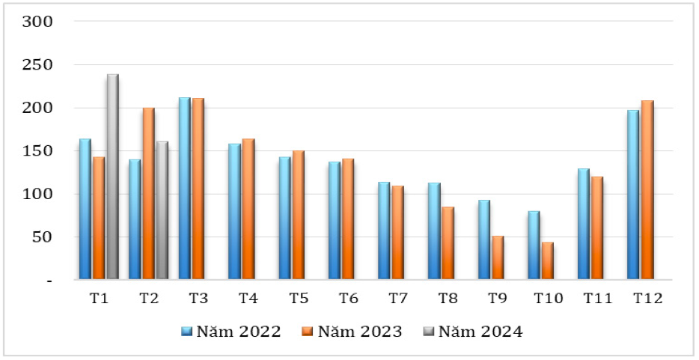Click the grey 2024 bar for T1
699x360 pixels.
tap(112, 177)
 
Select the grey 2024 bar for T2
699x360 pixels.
tap(162, 210)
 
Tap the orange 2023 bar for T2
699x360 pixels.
tap(149, 194)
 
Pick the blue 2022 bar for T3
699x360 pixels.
tap(185, 189)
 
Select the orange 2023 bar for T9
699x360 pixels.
tap(498, 257)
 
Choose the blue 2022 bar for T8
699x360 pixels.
tap(434, 231)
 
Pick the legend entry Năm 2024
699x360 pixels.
tap(472, 332)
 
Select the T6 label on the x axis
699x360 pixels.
tap(348, 299)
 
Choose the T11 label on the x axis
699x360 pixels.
tap(597, 299)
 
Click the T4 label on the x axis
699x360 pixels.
tap(248, 299)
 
